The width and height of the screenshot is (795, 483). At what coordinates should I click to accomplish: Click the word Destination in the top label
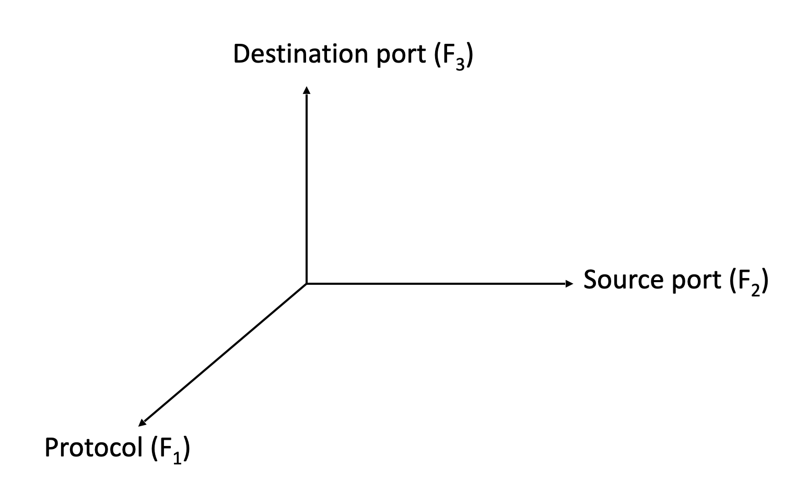tap(301, 54)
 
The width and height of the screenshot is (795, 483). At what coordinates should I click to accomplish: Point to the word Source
tap(623, 280)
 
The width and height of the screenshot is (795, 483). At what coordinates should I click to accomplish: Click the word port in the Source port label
tap(696, 282)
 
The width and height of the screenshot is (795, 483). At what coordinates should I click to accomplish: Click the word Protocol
tap(93, 448)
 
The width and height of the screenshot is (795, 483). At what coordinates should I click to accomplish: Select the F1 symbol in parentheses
tap(170, 451)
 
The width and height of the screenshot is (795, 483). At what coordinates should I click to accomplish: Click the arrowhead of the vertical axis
tap(307, 90)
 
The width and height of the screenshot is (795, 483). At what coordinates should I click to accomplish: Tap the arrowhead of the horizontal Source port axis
tap(569, 284)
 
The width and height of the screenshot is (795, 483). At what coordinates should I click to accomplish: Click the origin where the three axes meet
tap(307, 284)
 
